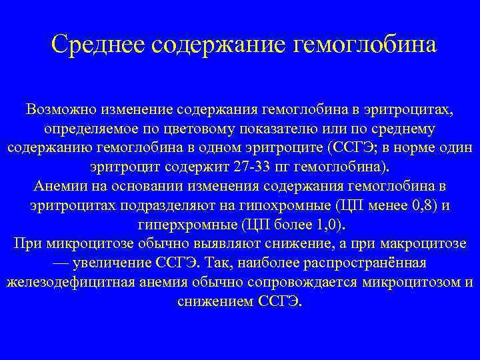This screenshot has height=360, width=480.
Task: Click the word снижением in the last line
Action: point(214,301)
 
